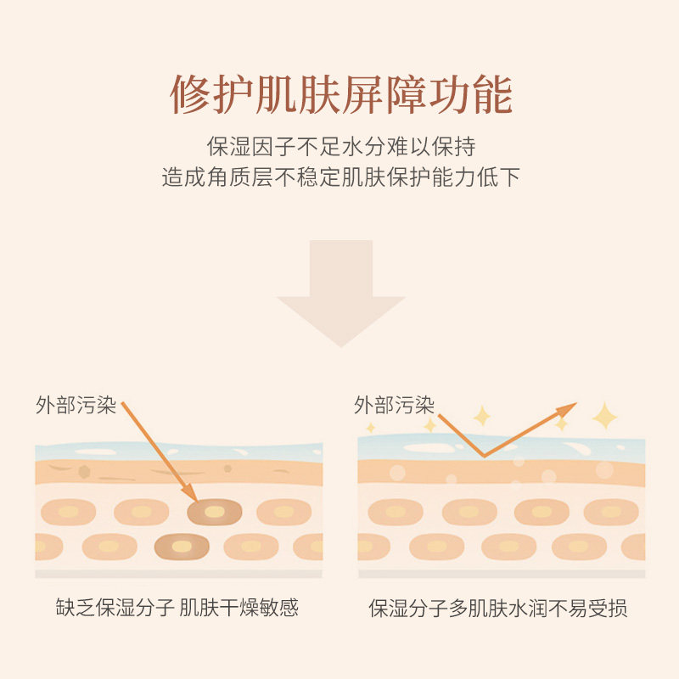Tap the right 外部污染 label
pyautogui.click(x=394, y=405)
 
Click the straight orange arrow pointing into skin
pyautogui.click(x=159, y=451)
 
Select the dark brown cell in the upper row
pyautogui.click(x=214, y=511)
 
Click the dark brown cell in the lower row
pyautogui.click(x=182, y=546)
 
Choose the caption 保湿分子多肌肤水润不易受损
pyautogui.click(x=498, y=608)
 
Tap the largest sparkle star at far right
pyautogui.click(x=605, y=416)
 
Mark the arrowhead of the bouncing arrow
pyautogui.click(x=567, y=410)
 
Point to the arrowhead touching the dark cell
pyautogui.click(x=192, y=494)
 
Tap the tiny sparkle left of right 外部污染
pyautogui.click(x=369, y=428)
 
